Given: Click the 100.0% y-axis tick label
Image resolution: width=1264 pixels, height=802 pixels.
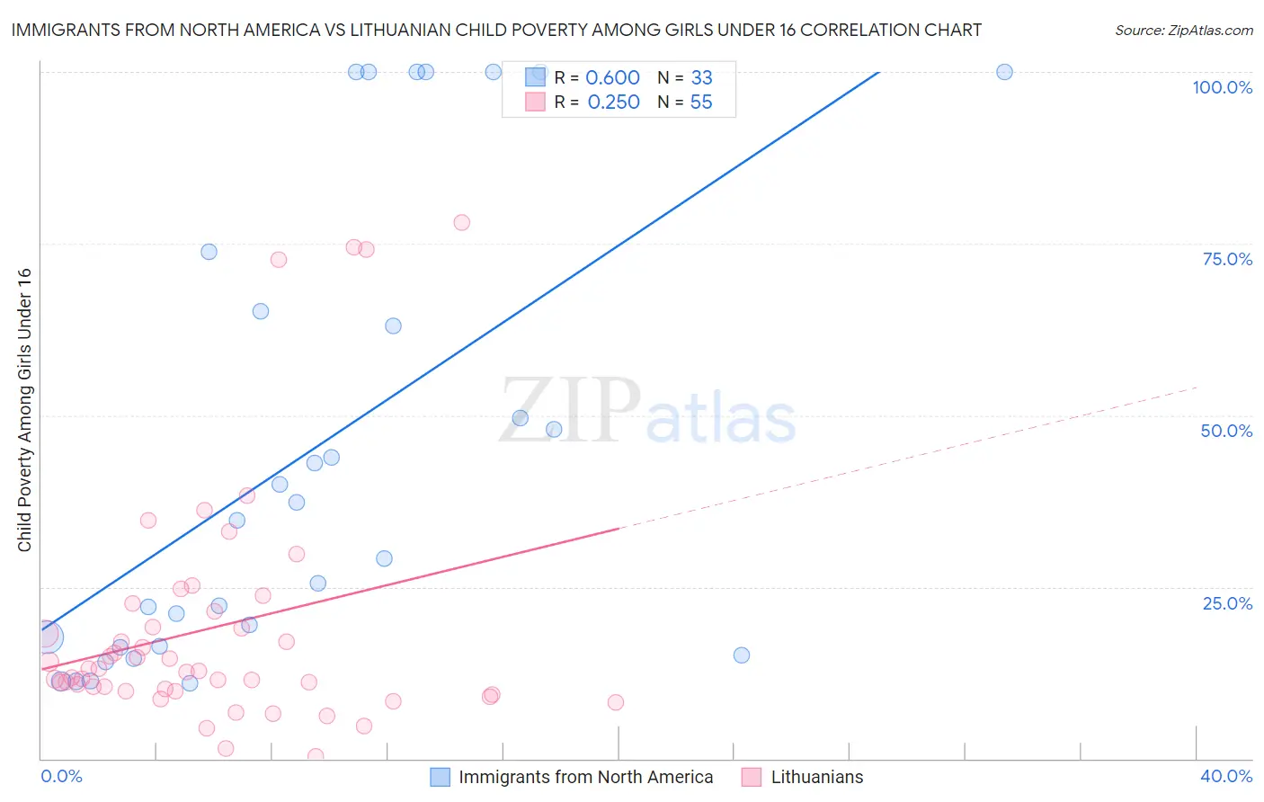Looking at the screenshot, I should tap(1222, 87).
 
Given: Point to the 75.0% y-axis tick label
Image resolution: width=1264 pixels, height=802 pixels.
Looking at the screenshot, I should tap(1227, 259).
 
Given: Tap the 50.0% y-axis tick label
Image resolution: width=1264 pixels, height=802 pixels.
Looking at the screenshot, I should tap(1226, 431).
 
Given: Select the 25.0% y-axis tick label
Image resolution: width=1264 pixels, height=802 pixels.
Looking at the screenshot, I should tap(1227, 603).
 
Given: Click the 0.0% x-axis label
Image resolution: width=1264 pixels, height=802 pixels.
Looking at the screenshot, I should tap(61, 776).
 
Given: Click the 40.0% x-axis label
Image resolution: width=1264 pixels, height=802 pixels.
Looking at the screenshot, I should tap(1226, 776).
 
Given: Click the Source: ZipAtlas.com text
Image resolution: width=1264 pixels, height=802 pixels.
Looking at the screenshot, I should tap(1183, 30).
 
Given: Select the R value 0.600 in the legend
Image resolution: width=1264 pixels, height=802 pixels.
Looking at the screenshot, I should tap(612, 78).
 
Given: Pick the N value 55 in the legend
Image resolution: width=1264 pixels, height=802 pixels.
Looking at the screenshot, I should tap(701, 102).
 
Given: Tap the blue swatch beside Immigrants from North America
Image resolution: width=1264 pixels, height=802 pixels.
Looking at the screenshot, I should tap(440, 777).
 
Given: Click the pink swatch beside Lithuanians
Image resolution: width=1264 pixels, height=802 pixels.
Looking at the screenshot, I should tap(752, 777).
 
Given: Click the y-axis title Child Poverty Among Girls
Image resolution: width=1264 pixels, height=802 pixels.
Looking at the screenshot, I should tap(24, 410).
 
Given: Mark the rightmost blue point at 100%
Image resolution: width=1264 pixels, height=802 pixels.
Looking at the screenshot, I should tap(1004, 72).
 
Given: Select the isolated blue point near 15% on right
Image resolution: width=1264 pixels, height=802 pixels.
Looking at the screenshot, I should tap(742, 655).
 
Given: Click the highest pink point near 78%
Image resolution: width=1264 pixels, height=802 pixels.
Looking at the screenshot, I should tap(462, 222).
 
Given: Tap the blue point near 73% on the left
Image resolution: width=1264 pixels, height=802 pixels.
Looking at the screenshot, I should tap(209, 252).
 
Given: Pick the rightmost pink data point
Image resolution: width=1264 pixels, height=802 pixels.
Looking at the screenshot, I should tap(616, 702).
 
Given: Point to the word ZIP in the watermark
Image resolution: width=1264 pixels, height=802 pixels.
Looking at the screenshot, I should tap(570, 410).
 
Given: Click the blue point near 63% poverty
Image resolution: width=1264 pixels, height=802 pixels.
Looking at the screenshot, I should tap(393, 325).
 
